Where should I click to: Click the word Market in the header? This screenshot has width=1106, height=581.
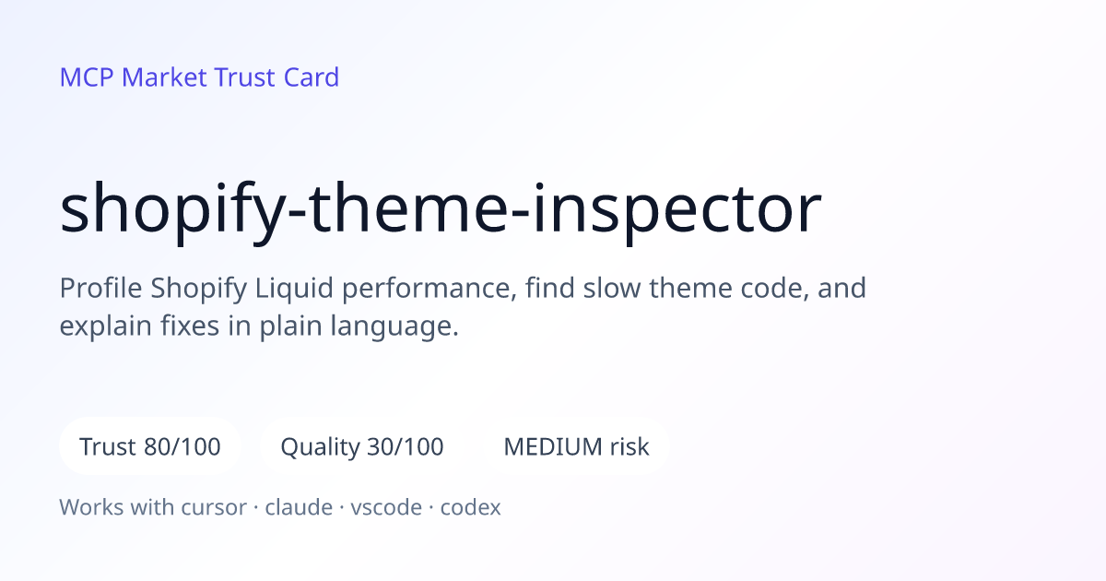pyautogui.click(x=164, y=77)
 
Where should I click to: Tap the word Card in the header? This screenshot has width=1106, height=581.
pyautogui.click(x=312, y=77)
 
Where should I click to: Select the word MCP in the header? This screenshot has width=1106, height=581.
pyautogui.click(x=87, y=77)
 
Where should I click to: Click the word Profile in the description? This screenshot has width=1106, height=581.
pyautogui.click(x=100, y=288)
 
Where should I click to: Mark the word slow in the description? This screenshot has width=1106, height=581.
pyautogui.click(x=612, y=288)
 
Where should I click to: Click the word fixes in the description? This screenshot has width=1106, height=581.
pyautogui.click(x=190, y=326)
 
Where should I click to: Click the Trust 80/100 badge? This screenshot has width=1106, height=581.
pyautogui.click(x=150, y=446)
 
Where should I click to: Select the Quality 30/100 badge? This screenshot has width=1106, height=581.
pyautogui.click(x=362, y=446)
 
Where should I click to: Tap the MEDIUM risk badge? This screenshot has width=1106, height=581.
pyautogui.click(x=576, y=446)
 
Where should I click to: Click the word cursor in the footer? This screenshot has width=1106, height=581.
pyautogui.click(x=214, y=508)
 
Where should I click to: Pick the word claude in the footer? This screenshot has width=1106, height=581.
pyautogui.click(x=299, y=507)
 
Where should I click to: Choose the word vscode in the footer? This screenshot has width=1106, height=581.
pyautogui.click(x=386, y=507)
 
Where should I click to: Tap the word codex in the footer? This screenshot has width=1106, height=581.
pyautogui.click(x=470, y=507)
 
